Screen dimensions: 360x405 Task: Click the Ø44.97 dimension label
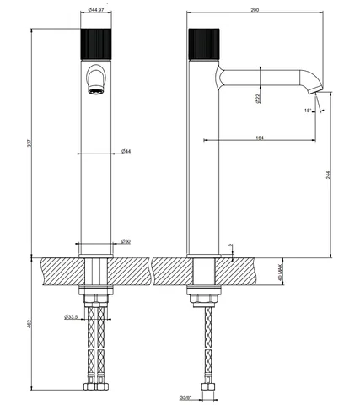click(96, 10)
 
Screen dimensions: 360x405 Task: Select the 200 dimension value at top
click(255, 10)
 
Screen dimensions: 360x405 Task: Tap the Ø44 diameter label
click(126, 151)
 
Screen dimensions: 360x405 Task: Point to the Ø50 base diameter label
click(126, 241)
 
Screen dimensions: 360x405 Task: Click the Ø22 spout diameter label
click(258, 99)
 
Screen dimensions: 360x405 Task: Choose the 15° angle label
click(308, 111)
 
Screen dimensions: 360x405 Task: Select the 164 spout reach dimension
click(260, 138)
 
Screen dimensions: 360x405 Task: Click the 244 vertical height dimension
click(330, 175)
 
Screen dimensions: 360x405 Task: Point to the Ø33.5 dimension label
click(71, 317)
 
